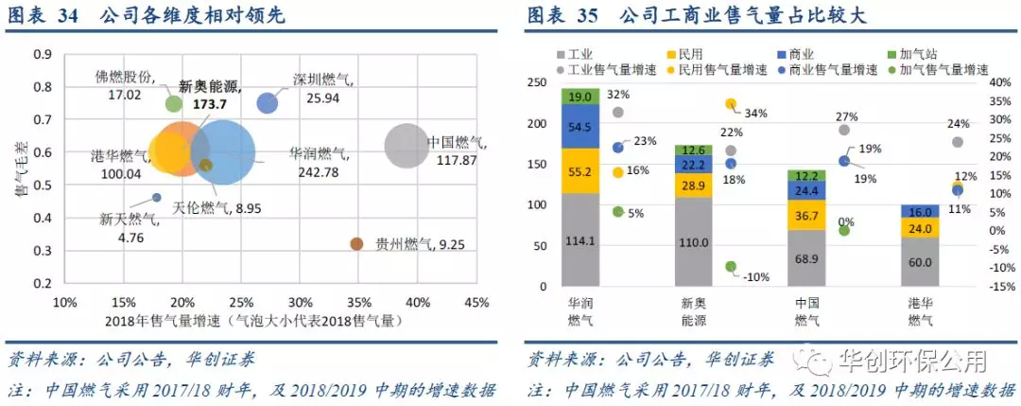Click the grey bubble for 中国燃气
407,146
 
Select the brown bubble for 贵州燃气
356,244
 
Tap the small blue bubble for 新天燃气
157,198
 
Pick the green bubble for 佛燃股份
173,103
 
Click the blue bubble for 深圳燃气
268,102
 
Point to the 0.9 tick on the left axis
43,55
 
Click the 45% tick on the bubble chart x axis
476,303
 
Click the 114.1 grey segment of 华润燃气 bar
580,240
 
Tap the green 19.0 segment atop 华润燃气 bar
580,97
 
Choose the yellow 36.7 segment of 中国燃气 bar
807,216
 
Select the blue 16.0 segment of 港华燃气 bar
920,212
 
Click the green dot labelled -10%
731,267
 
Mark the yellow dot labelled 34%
731,104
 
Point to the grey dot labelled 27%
844,130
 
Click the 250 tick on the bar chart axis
535,82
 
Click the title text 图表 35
560,17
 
